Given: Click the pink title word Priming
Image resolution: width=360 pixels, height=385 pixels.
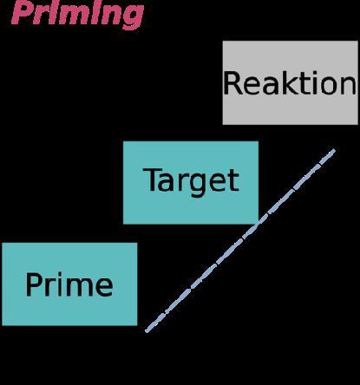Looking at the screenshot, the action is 77,14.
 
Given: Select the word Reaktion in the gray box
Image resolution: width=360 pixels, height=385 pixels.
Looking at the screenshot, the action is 290,83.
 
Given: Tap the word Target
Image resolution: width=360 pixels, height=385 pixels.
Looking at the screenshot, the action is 191,181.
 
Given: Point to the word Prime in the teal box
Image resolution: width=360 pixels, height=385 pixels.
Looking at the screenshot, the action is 69,284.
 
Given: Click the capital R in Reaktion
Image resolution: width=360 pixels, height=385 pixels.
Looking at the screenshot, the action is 232,83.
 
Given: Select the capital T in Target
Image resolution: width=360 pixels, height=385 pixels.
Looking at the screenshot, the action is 150,179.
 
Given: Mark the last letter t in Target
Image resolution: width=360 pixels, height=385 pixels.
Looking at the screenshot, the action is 234,181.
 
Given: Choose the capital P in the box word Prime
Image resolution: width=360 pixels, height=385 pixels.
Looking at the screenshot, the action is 33,284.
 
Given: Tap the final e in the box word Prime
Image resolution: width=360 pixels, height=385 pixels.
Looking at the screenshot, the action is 103,288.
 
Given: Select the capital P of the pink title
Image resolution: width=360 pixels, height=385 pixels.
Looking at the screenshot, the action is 23,13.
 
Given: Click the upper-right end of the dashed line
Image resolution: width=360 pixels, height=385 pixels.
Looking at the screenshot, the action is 334,150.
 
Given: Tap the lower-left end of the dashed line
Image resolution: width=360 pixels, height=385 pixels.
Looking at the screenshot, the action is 147,331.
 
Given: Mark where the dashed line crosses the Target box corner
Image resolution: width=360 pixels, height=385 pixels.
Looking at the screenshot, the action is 259,224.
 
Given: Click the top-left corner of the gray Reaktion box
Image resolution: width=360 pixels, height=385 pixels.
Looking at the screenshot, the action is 223,41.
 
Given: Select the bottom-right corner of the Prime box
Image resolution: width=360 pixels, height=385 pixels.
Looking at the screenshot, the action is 137,325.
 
